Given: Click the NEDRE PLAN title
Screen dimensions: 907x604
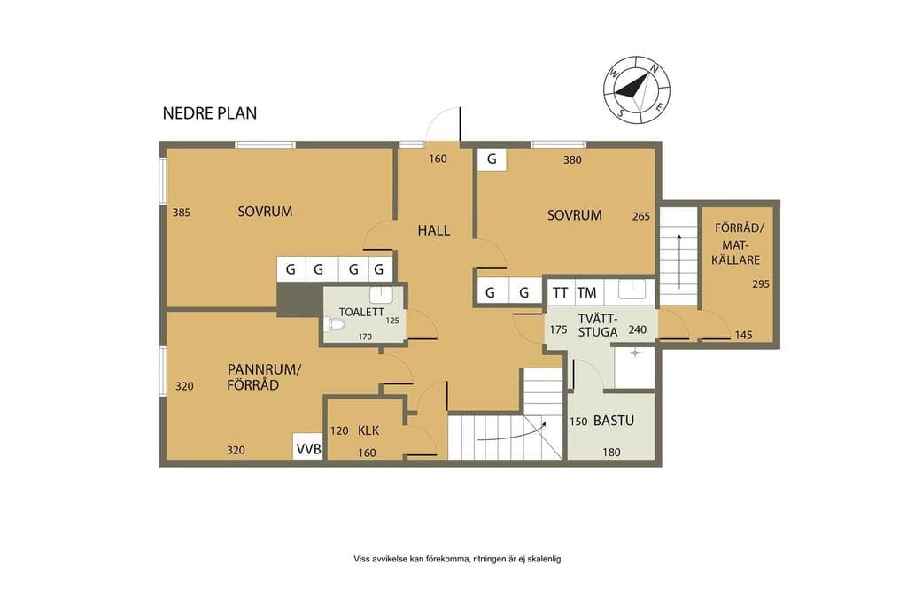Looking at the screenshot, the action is [x=209, y=112].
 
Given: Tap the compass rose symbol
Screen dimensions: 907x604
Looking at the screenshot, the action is [x=637, y=89].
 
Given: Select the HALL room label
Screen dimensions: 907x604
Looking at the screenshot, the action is [x=434, y=230].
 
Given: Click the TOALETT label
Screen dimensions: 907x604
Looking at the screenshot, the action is [x=361, y=312].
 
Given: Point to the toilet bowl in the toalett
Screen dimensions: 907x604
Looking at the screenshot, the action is [x=334, y=324].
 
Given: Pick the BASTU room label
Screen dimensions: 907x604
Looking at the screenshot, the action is [x=614, y=421].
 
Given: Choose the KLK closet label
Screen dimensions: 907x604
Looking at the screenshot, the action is [x=368, y=430].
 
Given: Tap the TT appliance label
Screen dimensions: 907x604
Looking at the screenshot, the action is [x=560, y=293].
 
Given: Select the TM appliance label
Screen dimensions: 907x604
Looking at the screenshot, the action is [x=586, y=293].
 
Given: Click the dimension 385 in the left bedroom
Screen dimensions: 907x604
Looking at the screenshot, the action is [x=181, y=213].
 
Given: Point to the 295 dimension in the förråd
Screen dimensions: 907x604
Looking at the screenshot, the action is [x=761, y=284].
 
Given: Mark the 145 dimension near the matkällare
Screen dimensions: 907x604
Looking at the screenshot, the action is [x=743, y=335].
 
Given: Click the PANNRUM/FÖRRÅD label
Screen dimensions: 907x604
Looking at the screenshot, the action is [x=264, y=377].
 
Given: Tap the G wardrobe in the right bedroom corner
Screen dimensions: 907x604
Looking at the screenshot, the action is [x=492, y=159].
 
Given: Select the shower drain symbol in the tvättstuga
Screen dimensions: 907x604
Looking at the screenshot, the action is [x=635, y=352].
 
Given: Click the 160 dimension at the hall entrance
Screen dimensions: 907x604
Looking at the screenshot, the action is [x=438, y=159].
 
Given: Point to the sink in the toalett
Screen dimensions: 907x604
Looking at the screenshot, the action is [x=381, y=294].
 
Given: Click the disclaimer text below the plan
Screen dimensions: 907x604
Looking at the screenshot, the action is [x=457, y=559].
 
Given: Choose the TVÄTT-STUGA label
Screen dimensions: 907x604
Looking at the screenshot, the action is [x=598, y=326].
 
